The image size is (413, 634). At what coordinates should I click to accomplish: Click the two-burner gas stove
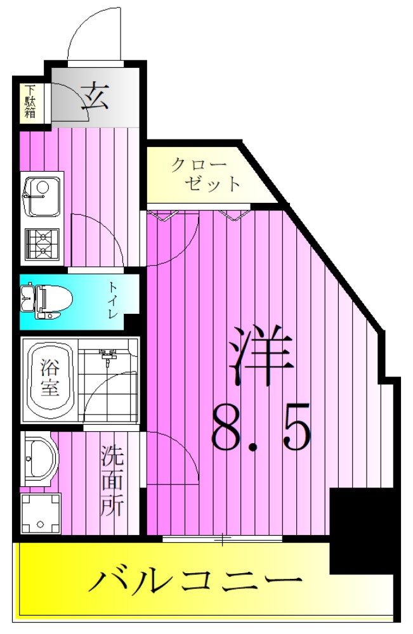coord(41,244)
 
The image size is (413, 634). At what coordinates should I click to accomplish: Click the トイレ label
coord(113,301)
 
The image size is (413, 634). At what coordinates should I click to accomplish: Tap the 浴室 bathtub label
coord(50,378)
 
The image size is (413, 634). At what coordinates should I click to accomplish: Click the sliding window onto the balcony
coord(222,540)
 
